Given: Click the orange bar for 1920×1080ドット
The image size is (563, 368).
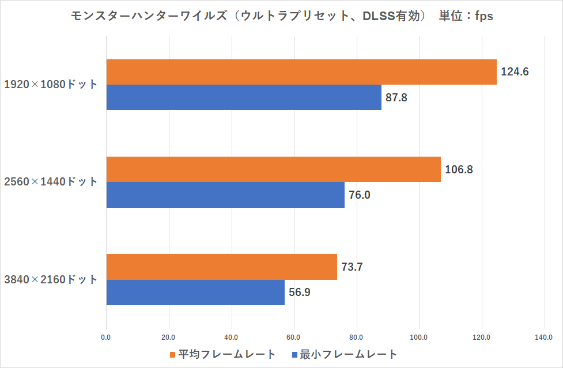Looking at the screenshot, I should (x=301, y=72).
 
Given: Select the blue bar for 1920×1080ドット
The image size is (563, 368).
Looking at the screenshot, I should (x=244, y=97).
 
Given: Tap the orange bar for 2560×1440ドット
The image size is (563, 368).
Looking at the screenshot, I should (x=274, y=169).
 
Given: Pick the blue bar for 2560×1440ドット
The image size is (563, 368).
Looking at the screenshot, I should (x=225, y=195).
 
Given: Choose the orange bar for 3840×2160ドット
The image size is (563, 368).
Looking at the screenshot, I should (x=222, y=267).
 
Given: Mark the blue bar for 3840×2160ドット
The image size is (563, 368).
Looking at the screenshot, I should (x=195, y=293).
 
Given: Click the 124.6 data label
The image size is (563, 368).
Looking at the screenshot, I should (x=515, y=72).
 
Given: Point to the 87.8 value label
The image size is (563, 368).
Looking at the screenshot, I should (x=396, y=97).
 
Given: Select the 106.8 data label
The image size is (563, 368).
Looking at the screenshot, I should (x=459, y=170).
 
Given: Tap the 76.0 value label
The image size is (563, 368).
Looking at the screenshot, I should (x=360, y=195).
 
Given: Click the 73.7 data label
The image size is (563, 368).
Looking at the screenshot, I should (x=352, y=267).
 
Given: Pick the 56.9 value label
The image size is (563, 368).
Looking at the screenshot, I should (x=300, y=293).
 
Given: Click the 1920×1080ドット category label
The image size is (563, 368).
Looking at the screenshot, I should (x=51, y=85).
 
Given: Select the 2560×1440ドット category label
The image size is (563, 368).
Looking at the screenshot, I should (x=51, y=182).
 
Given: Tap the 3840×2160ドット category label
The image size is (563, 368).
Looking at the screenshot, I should (x=51, y=280).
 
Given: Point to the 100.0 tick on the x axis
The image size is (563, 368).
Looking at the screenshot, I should (x=419, y=337).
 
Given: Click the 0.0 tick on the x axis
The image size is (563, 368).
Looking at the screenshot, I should (x=106, y=337).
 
